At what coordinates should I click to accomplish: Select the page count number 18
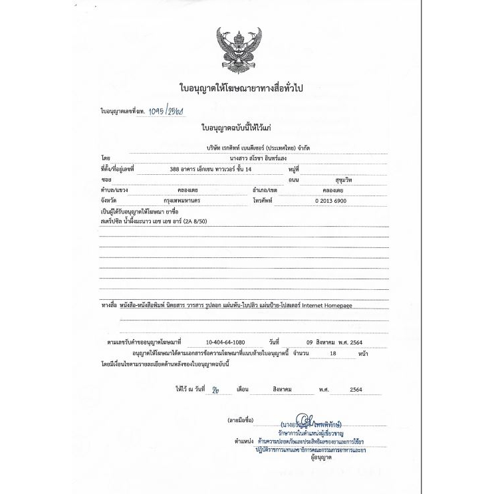333,354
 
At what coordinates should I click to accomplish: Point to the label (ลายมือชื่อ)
241,422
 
